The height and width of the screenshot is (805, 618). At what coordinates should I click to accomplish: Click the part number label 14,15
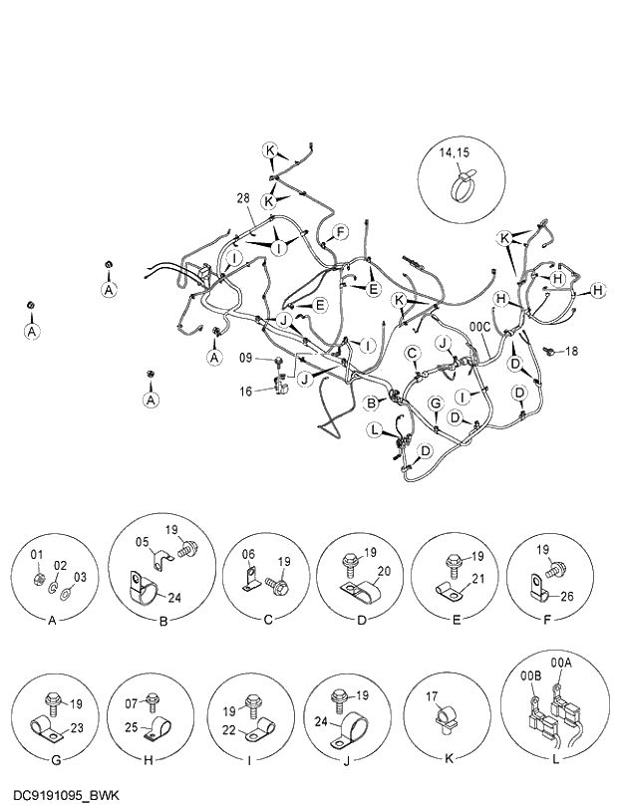pos(456,153)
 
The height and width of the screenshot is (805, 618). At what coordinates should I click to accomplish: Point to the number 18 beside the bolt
pos(571,351)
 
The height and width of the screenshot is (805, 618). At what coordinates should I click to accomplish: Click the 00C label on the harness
pos(479,326)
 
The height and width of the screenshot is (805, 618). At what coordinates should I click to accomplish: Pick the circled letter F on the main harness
pos(341,232)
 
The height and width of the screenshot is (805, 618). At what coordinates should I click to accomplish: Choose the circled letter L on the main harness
pos(374,429)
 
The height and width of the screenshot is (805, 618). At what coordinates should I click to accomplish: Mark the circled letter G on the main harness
pos(435,402)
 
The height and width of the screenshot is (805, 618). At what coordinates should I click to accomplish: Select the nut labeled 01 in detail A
pos(38,579)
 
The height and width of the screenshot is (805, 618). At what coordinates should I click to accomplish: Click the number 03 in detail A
pos(81,578)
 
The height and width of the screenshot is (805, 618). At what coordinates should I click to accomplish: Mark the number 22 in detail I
pos(228,732)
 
